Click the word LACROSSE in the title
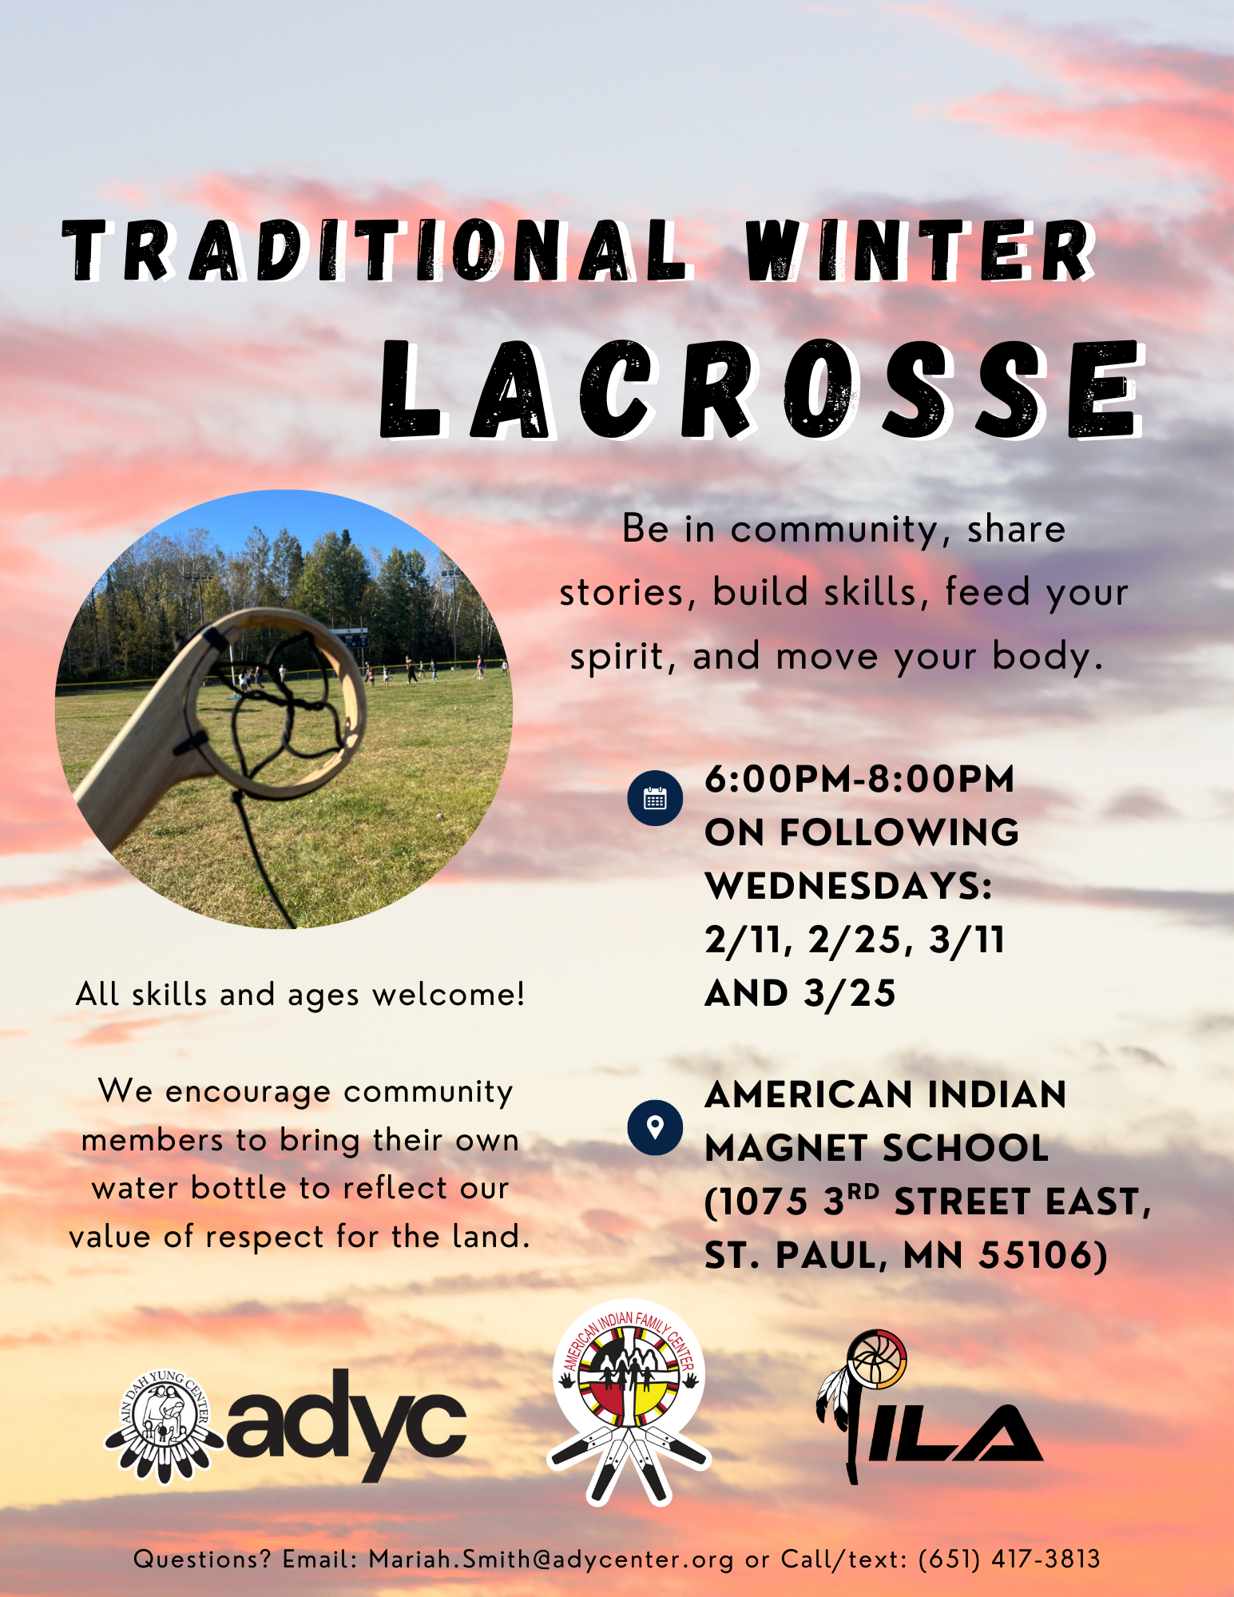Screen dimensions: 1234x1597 pos(763,389)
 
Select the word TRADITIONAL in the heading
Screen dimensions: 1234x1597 pos(375,250)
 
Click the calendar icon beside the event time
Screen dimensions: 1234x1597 pos(655,798)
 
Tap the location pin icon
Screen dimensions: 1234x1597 pos(655,1127)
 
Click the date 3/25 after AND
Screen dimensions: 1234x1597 pos(850,994)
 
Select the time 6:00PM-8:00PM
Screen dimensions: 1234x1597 pos(859,779)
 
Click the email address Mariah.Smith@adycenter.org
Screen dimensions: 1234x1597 pos(551,1559)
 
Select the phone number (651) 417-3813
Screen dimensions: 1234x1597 pos(1010,1559)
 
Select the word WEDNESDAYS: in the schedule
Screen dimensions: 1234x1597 pos(848,886)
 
